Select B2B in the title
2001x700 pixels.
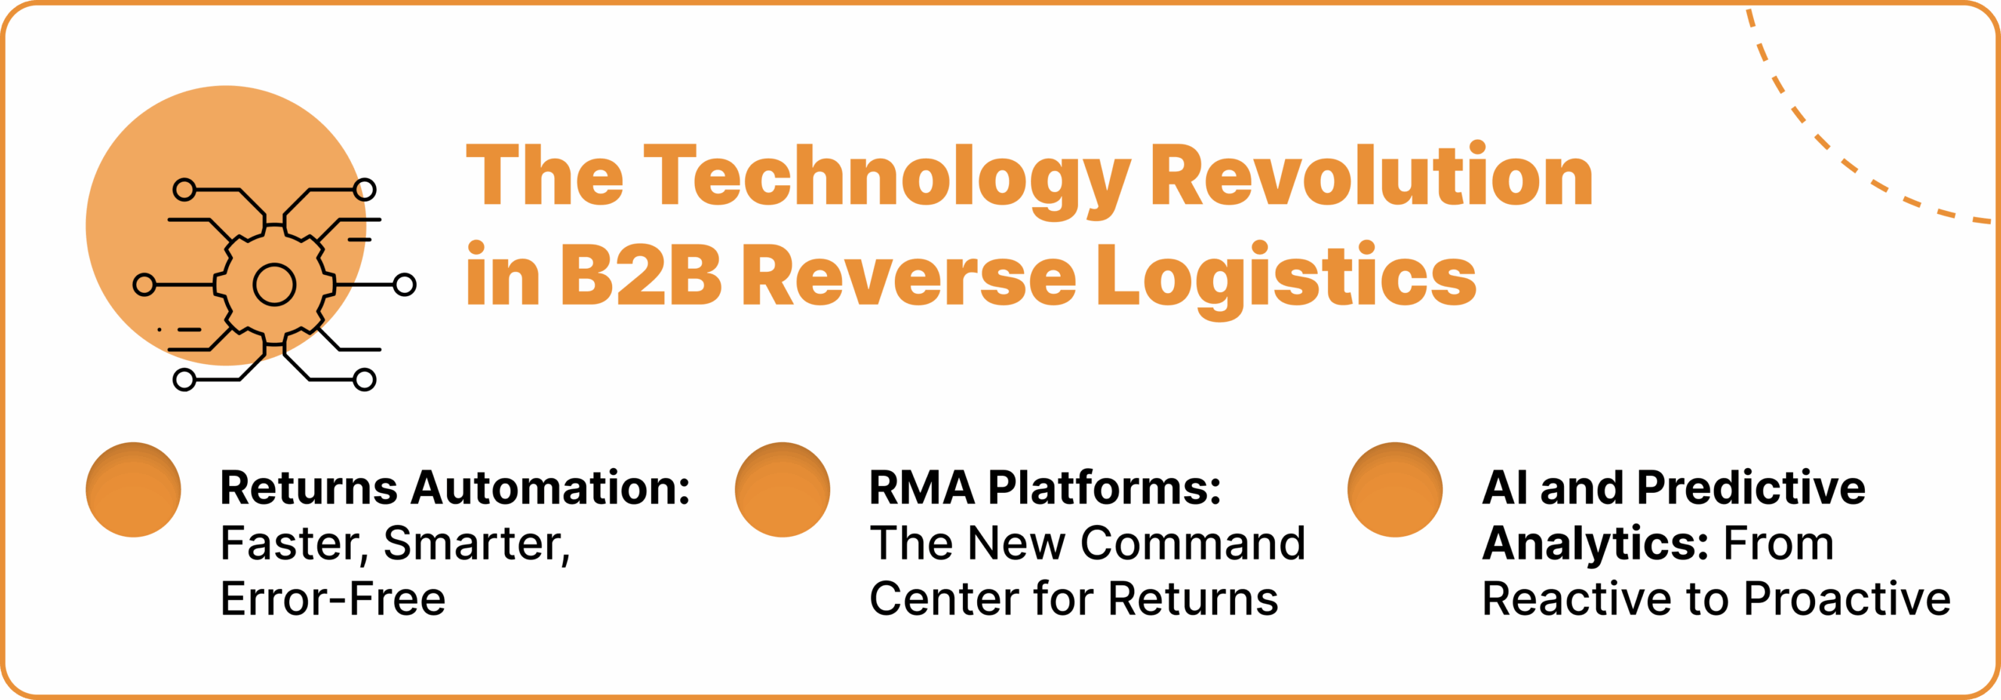(x=640, y=275)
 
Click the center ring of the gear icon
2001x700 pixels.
(x=274, y=284)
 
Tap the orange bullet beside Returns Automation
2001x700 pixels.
(x=134, y=490)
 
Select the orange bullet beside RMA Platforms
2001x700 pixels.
(x=782, y=490)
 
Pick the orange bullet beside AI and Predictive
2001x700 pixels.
(x=1395, y=490)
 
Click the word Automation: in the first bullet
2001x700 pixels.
(x=550, y=488)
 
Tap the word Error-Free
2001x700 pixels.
(x=333, y=599)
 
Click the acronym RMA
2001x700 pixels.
(x=922, y=488)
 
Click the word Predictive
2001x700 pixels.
(x=1751, y=488)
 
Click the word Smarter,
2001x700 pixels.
(x=478, y=545)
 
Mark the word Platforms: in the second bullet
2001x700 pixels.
(x=1104, y=488)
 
